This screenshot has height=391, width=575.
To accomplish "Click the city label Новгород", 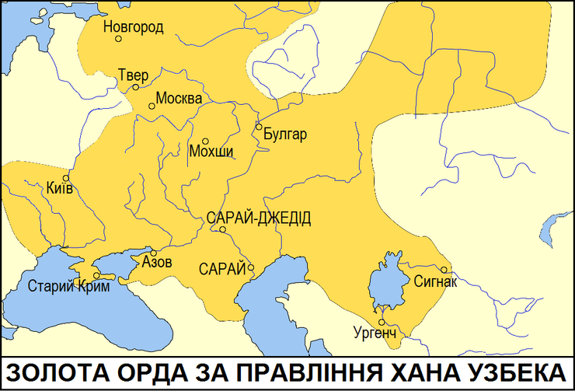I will pyautogui.click(x=133, y=27).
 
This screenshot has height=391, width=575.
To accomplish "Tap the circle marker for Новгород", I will pyautogui.click(x=118, y=39).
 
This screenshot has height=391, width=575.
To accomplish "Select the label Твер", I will pyautogui.click(x=133, y=75).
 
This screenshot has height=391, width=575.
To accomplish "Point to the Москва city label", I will pyautogui.click(x=179, y=99).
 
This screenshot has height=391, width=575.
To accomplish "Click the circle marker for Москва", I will pyautogui.click(x=152, y=106).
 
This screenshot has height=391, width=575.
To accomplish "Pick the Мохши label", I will pyautogui.click(x=211, y=152).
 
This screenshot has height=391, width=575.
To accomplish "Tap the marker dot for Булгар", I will pyautogui.click(x=258, y=127).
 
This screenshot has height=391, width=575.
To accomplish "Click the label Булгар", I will pyautogui.click(x=285, y=134).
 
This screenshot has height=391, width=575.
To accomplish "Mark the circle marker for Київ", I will pyautogui.click(x=66, y=178).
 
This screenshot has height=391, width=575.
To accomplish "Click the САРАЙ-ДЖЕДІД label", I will pyautogui.click(x=259, y=218).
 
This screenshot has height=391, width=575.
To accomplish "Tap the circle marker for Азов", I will pyautogui.click(x=154, y=253).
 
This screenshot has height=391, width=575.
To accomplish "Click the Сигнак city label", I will pyautogui.click(x=436, y=281).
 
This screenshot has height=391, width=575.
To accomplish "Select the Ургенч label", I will pyautogui.click(x=375, y=333).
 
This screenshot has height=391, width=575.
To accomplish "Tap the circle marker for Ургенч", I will pyautogui.click(x=382, y=322).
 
